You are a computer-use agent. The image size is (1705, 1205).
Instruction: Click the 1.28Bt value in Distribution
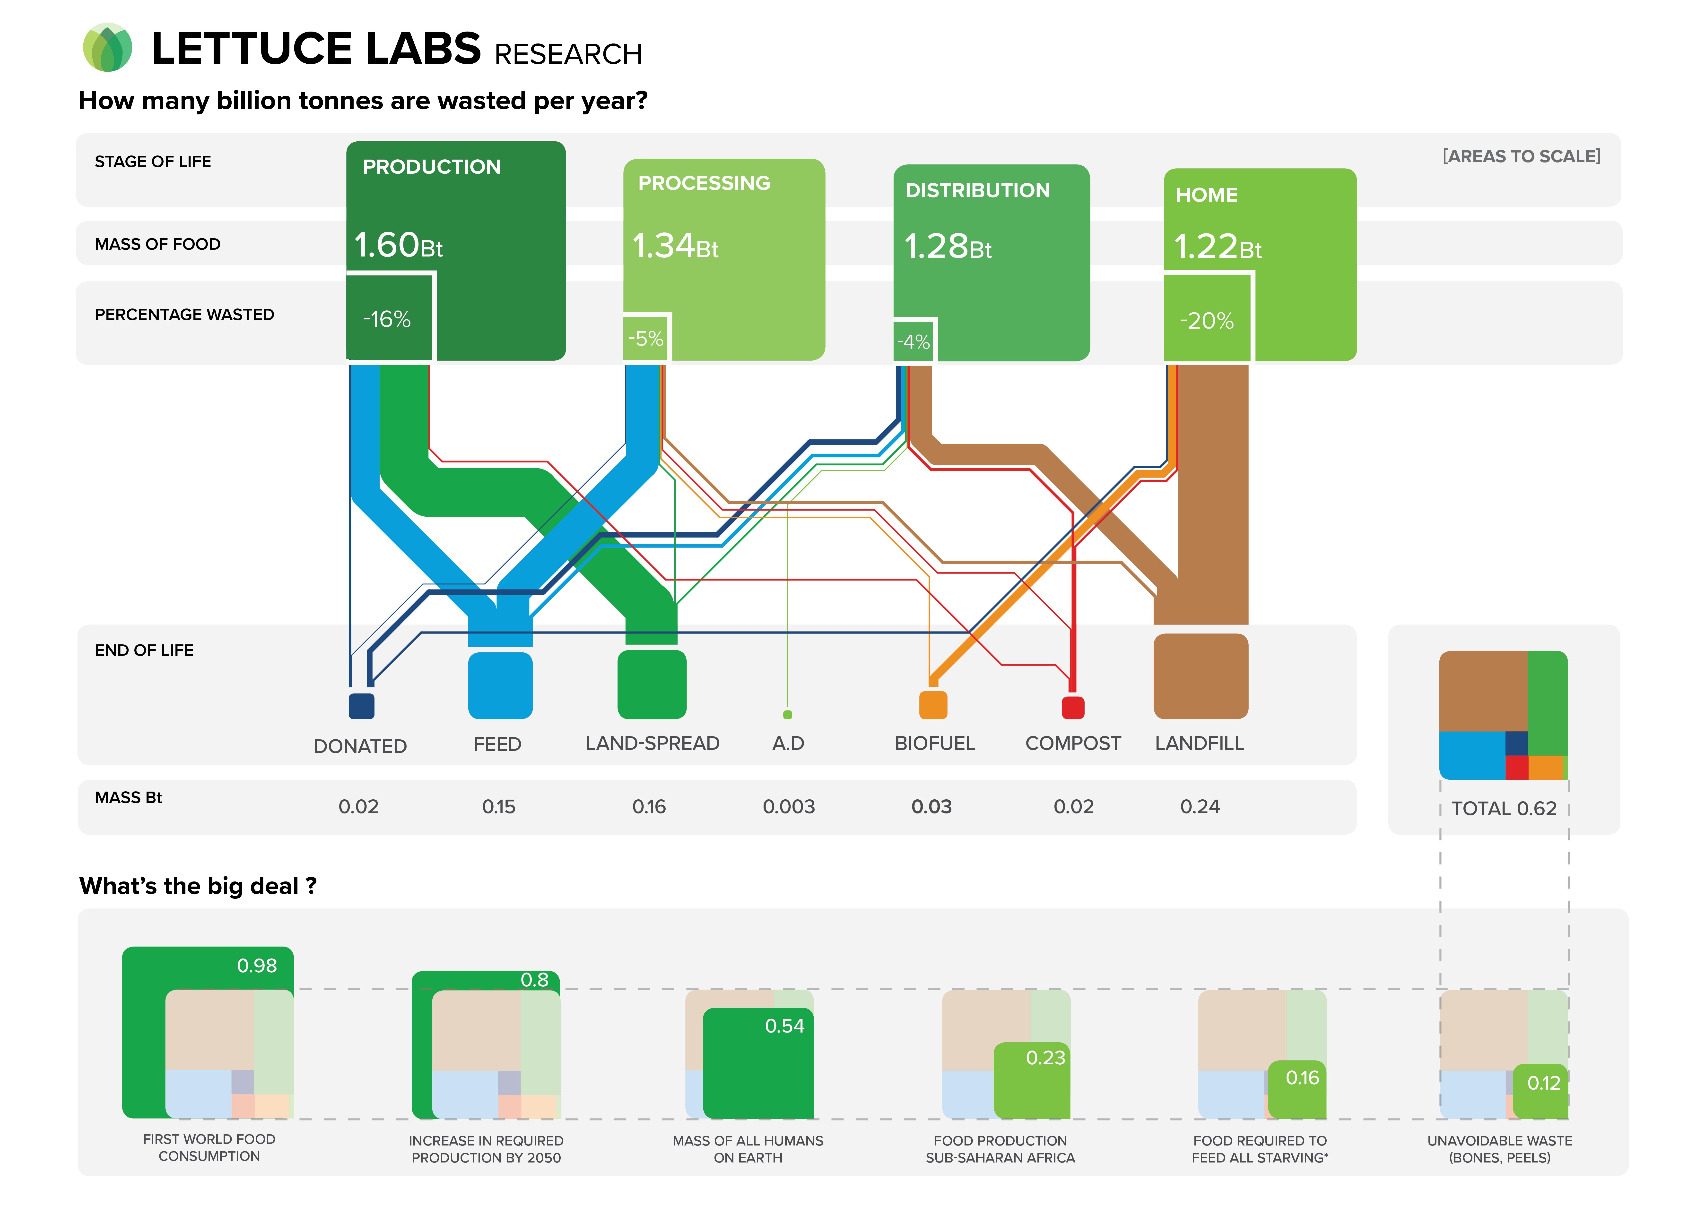point(948,247)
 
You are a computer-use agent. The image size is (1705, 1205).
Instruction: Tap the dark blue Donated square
point(362,705)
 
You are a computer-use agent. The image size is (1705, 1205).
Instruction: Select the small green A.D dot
point(788,714)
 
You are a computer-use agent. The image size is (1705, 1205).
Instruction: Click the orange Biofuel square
point(933,705)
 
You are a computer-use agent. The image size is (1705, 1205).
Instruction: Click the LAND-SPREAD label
point(652,743)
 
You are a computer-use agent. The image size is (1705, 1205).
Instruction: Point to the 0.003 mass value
point(789,806)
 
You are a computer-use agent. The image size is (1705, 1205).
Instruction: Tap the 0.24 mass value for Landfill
point(1200,806)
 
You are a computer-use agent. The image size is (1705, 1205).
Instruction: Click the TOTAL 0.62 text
point(1504,809)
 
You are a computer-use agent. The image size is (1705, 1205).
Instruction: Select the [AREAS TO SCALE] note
point(1521,156)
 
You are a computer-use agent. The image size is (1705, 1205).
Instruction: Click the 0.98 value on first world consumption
point(257,965)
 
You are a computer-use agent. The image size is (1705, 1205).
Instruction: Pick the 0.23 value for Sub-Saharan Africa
point(1045,1057)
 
